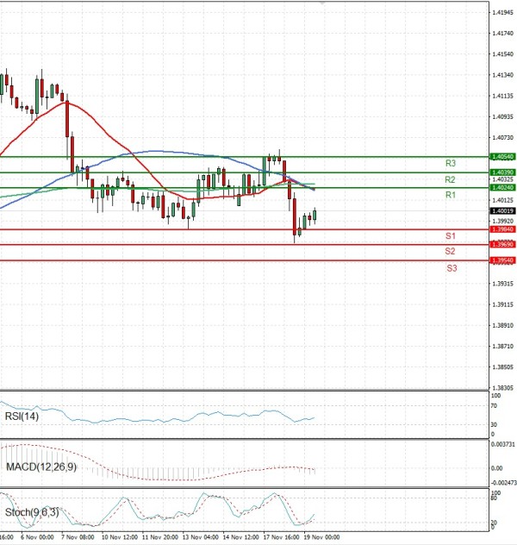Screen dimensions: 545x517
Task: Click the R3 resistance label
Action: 451,163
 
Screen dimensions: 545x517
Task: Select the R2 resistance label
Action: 451,179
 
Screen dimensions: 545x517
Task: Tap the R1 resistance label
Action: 451,196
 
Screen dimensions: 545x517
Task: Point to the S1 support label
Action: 451,235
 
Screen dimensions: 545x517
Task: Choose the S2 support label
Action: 451,251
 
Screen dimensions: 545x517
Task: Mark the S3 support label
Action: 452,268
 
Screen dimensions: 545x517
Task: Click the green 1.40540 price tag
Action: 502,157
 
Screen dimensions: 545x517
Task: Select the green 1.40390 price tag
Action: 502,172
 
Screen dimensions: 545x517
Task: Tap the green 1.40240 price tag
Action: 502,187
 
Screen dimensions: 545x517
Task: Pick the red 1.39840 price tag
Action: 502,229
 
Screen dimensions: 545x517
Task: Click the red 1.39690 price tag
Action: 502,245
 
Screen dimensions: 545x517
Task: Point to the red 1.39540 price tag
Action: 502,260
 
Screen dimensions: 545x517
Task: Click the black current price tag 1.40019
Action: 502,210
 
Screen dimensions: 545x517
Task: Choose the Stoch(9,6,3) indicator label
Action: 32,512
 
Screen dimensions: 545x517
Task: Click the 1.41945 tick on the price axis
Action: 503,12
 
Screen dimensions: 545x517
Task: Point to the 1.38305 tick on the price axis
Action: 503,388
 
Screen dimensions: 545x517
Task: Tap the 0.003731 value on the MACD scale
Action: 503,445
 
